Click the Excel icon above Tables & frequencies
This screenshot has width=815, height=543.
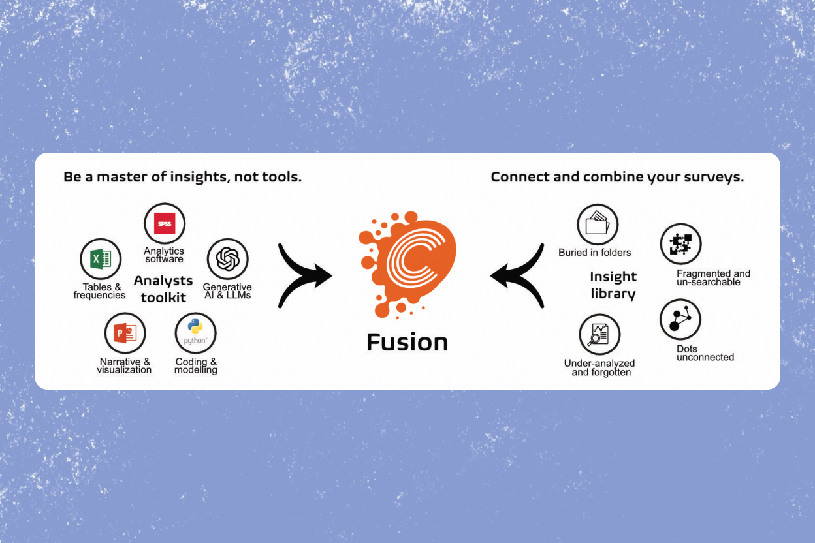point(101,259)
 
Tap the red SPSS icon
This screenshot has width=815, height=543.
point(165,224)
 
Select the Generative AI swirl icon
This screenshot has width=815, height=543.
point(227,259)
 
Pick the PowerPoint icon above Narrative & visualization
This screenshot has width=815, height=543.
point(125,334)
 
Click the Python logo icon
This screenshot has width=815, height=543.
point(195,333)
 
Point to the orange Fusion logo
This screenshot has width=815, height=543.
point(407,264)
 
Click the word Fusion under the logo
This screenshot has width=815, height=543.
point(407,343)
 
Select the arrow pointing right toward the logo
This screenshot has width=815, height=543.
point(304,275)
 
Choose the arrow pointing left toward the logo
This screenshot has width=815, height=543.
point(517,275)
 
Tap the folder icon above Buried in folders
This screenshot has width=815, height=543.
point(597,225)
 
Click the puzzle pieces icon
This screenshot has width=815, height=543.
point(680,244)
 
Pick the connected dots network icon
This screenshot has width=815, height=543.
point(680,320)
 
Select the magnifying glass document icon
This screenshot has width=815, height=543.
point(599,334)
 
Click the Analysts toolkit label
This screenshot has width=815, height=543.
point(163,289)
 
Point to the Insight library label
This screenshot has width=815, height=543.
point(613,285)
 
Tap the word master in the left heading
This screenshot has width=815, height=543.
point(120,177)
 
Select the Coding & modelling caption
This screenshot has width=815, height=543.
point(196,366)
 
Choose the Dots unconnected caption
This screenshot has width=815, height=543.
point(705,353)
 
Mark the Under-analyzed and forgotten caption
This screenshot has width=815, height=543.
point(599,368)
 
